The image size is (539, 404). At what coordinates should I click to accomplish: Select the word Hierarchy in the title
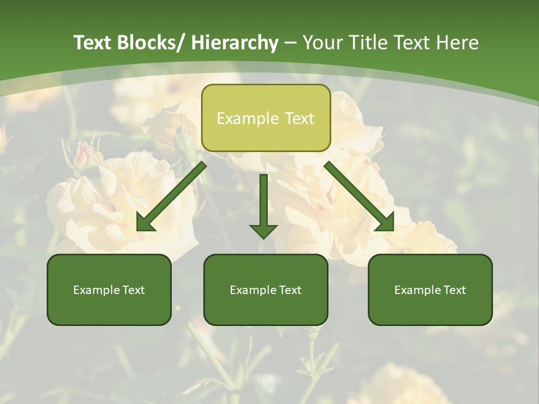pyautogui.click(x=235, y=43)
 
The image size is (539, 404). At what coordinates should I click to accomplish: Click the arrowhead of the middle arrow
pyautogui.click(x=263, y=230)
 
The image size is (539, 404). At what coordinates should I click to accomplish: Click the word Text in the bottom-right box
pyautogui.click(x=454, y=290)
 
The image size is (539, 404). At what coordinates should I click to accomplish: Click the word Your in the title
pyautogui.click(x=321, y=43)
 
